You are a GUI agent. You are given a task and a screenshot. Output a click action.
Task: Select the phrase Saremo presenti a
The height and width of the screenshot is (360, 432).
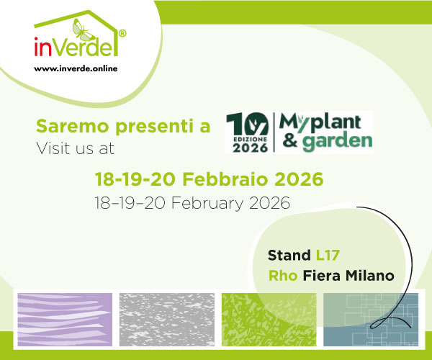point(123,127)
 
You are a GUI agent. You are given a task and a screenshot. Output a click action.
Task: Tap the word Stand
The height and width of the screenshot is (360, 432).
point(289,255)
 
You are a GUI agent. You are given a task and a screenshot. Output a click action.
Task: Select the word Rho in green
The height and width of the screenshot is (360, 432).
point(284,275)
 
